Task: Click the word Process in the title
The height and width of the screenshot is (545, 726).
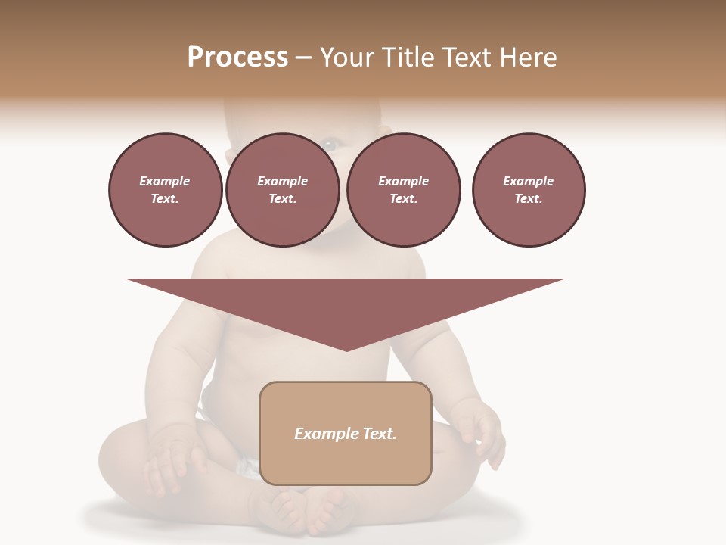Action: coord(237,58)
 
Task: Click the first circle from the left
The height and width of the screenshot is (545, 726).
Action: coord(166,190)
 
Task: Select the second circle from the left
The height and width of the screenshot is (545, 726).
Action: coord(283,190)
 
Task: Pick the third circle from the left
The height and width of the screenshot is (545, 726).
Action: coord(404,190)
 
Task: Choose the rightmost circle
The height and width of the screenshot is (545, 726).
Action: coord(529,190)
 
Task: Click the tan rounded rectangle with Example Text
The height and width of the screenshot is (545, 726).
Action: coord(346,433)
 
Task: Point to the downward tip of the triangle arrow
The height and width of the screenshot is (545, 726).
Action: coord(346,349)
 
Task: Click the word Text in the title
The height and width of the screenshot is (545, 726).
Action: coord(467,58)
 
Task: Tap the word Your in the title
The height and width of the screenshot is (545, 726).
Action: coord(348,58)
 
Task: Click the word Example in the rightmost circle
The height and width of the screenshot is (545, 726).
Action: coord(529,181)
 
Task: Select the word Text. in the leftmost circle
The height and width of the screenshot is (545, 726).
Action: coord(166,198)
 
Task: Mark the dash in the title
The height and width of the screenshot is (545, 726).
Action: coord(303,58)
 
